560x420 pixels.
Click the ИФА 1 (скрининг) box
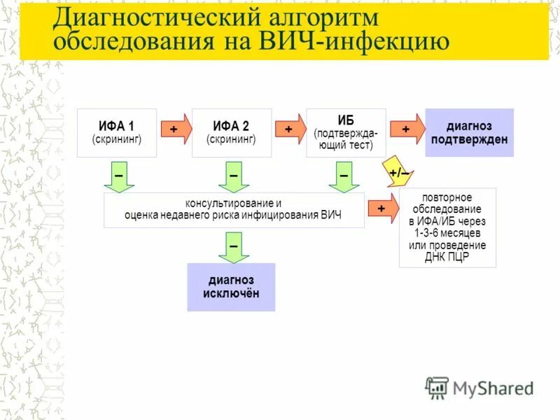117,132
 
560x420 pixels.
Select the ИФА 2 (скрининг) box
231,132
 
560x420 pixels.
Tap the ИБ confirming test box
346,132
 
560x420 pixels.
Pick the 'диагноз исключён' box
231,287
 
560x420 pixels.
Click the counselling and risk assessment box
234,210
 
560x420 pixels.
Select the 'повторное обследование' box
447,227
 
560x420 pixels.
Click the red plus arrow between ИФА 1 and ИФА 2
175,129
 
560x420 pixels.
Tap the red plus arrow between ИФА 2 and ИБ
290,129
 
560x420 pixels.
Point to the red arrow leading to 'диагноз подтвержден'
407,129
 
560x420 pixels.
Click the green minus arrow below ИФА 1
119,176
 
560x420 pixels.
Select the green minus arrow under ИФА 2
233,176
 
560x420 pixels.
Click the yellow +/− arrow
398,171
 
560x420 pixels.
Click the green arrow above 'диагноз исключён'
233,246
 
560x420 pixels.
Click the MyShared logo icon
437,386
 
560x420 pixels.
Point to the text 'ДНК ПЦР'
447,257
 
